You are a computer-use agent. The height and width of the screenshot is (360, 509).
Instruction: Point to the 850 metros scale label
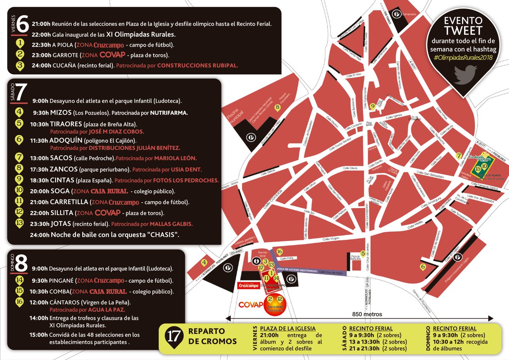[x=367, y=315]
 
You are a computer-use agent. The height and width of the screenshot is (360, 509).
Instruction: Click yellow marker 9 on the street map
[x=372, y=106]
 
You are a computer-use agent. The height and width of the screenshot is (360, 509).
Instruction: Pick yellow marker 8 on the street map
[x=277, y=108]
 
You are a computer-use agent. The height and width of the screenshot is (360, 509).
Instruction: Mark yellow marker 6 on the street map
[x=422, y=267]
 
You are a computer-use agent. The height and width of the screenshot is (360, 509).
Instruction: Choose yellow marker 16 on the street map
[x=279, y=252]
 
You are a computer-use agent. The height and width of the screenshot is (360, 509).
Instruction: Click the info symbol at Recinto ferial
[x=256, y=261]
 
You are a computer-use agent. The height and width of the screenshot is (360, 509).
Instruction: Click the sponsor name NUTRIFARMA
[x=170, y=113]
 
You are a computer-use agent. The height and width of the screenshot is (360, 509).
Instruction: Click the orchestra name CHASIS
[x=163, y=234]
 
